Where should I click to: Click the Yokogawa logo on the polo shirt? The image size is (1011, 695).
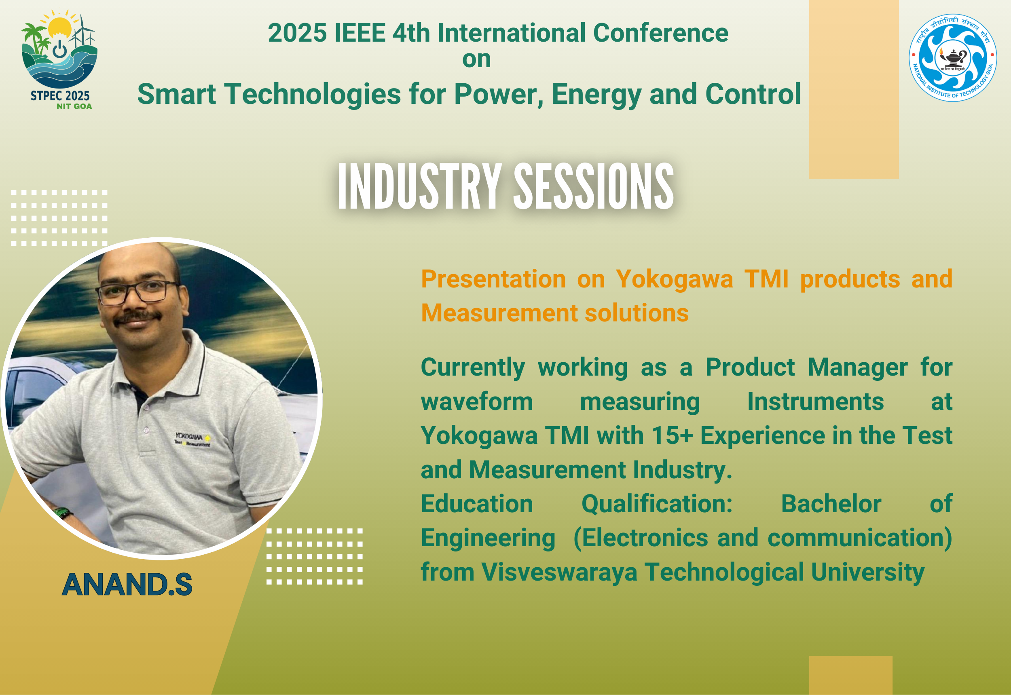tap(192, 439)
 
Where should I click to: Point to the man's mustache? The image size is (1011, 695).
tap(138, 317)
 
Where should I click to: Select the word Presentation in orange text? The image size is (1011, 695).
tap(493, 279)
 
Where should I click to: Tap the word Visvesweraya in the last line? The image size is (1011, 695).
tap(559, 572)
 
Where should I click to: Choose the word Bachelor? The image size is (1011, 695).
tap(831, 504)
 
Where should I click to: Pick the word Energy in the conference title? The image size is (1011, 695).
tap(596, 95)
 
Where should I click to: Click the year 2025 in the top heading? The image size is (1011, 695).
tap(298, 33)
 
